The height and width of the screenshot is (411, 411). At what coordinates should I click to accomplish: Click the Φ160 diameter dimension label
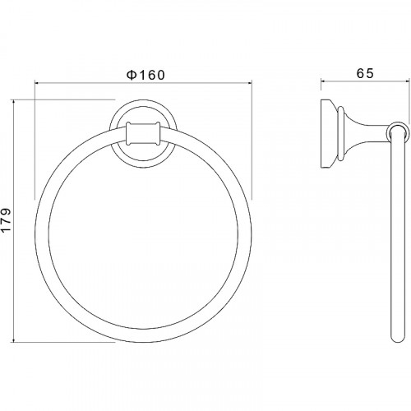click(145, 75)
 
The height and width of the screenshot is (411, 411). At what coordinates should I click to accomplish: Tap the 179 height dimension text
click(6, 220)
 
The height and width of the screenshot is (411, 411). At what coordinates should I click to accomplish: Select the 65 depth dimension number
click(365, 73)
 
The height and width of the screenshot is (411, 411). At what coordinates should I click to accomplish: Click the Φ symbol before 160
click(132, 75)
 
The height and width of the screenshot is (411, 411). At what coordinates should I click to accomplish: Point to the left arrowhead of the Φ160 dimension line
click(38, 82)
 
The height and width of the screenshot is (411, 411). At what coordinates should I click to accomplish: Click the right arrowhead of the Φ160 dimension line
click(249, 82)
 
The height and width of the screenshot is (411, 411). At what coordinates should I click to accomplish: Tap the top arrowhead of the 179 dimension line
click(13, 103)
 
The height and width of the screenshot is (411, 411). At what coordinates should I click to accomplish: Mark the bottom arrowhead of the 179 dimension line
click(13, 339)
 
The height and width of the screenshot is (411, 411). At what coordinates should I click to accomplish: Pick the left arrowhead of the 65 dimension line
click(324, 81)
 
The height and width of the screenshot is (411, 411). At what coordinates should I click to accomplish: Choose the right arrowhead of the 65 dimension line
click(406, 81)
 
